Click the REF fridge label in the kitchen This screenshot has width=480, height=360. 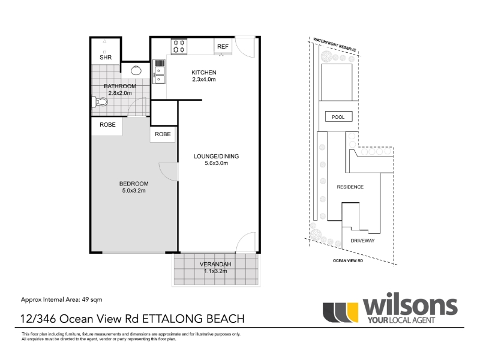223,47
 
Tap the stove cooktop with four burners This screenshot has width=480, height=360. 179,46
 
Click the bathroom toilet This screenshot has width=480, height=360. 100,101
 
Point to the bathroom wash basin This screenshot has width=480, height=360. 136,70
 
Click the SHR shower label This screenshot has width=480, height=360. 106,57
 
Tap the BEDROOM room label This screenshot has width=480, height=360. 134,184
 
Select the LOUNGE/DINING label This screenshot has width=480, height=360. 216,156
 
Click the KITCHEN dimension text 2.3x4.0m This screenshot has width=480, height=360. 204,79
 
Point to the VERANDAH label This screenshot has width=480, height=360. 215,264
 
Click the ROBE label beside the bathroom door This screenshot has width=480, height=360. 107,125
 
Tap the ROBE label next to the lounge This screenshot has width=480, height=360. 163,134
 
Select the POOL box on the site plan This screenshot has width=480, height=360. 338,117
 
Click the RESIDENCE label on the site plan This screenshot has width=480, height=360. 350,187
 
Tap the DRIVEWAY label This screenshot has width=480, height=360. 362,241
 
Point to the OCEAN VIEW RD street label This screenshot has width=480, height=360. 348,261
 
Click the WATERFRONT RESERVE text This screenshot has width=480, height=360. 335,44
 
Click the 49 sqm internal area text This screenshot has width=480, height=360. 92,299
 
